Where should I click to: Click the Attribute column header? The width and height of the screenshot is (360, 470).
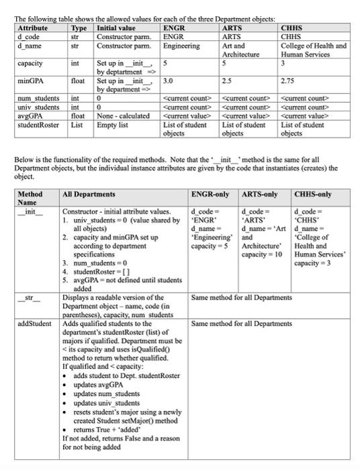coord(32,29)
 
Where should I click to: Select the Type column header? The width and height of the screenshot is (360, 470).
coord(79,29)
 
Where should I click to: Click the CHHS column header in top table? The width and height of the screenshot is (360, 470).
coord(292,29)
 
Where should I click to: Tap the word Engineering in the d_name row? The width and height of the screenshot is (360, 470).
coord(181,46)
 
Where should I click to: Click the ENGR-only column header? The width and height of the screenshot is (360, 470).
coord(212,195)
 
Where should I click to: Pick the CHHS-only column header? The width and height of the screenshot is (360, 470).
coord(313,195)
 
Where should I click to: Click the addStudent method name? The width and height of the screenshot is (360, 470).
coord(34,324)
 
